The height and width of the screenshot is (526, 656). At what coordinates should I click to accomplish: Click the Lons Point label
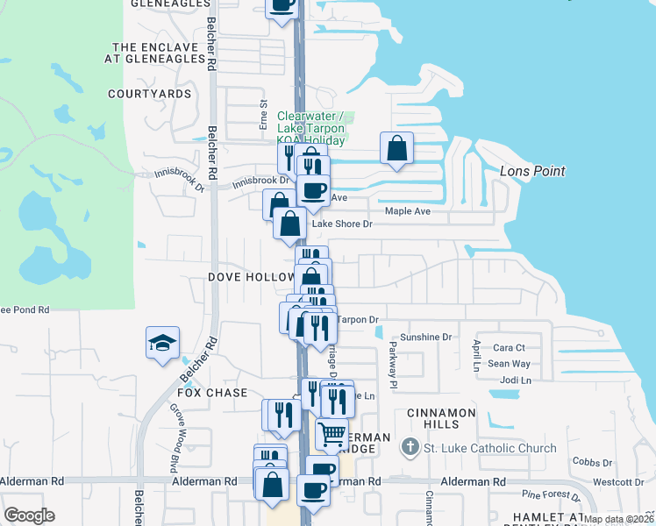pyautogui.click(x=532, y=171)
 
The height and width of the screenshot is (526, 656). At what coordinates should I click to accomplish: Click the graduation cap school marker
pyautogui.click(x=163, y=343)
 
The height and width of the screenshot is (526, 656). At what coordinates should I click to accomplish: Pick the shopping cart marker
pyautogui.click(x=332, y=433)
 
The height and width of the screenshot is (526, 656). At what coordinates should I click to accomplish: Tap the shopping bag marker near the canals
pyautogui.click(x=396, y=148)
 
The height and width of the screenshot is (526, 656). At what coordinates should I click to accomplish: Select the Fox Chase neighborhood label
pyautogui.click(x=216, y=393)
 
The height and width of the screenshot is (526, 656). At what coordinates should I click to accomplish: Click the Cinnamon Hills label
pyautogui.click(x=441, y=418)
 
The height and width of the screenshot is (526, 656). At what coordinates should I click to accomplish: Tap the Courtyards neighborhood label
pyautogui.click(x=150, y=93)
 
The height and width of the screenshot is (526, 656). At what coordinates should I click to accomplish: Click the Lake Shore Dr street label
pyautogui.click(x=343, y=224)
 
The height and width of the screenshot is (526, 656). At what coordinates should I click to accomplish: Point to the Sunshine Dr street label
pyautogui.click(x=424, y=337)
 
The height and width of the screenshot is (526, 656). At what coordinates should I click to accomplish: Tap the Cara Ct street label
pyautogui.click(x=509, y=348)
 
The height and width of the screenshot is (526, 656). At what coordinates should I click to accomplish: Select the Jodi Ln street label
pyautogui.click(x=515, y=380)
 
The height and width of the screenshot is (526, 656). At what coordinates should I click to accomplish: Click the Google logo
pyautogui.click(x=29, y=515)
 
